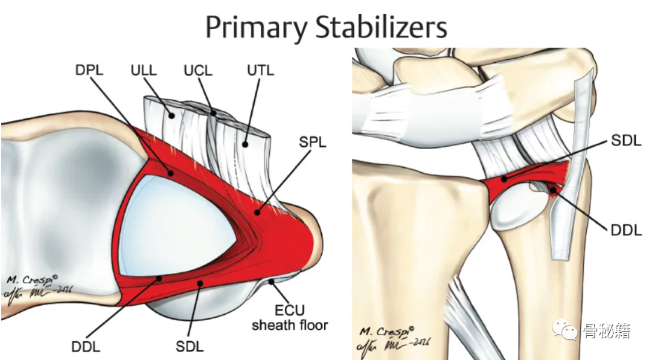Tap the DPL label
90,70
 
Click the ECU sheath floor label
289,318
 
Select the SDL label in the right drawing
625,141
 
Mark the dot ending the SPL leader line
257,212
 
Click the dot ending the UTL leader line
246,144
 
